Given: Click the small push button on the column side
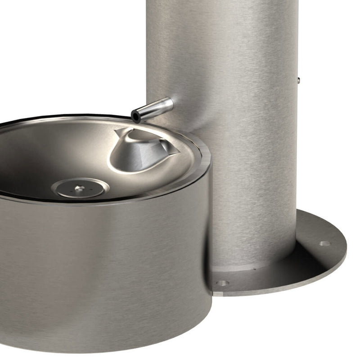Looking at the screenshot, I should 299,80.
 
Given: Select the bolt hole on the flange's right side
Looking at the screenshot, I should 325,243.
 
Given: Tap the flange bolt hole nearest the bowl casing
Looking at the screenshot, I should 222,283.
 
